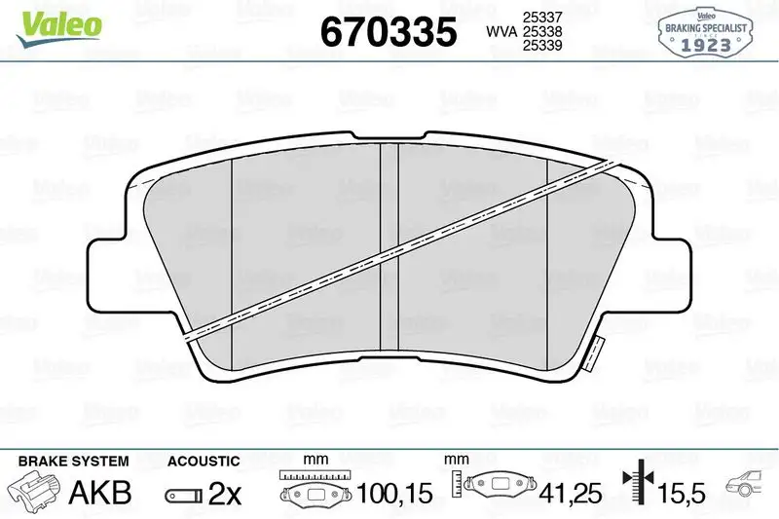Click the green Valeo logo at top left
point(56,22)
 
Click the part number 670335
point(389,32)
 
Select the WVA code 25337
point(542,17)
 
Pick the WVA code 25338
point(542,32)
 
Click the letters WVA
point(501,32)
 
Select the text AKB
point(101,494)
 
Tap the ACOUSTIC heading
point(204,461)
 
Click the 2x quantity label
point(224,494)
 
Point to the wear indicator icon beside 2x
point(182,495)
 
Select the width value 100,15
point(395,495)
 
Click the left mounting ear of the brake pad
point(109,269)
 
